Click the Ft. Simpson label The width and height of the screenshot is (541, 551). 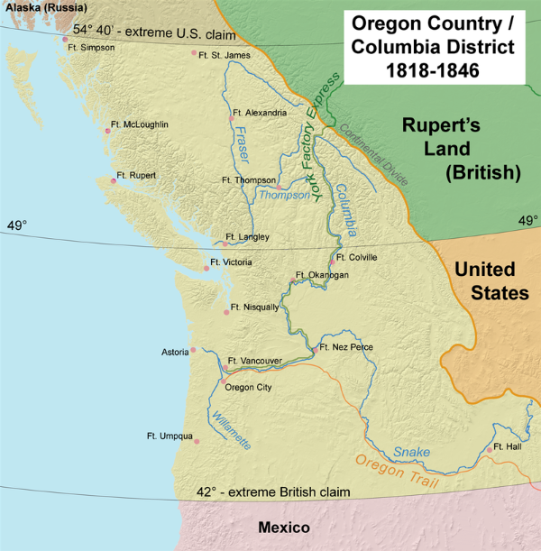coord(91,47)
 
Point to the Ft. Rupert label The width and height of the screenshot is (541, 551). coord(136,175)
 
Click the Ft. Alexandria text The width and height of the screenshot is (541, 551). coord(260,113)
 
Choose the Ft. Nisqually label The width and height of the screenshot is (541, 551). coord(255,308)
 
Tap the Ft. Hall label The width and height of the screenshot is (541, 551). coord(509,448)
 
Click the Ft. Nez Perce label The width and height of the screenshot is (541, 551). coord(346,347)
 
